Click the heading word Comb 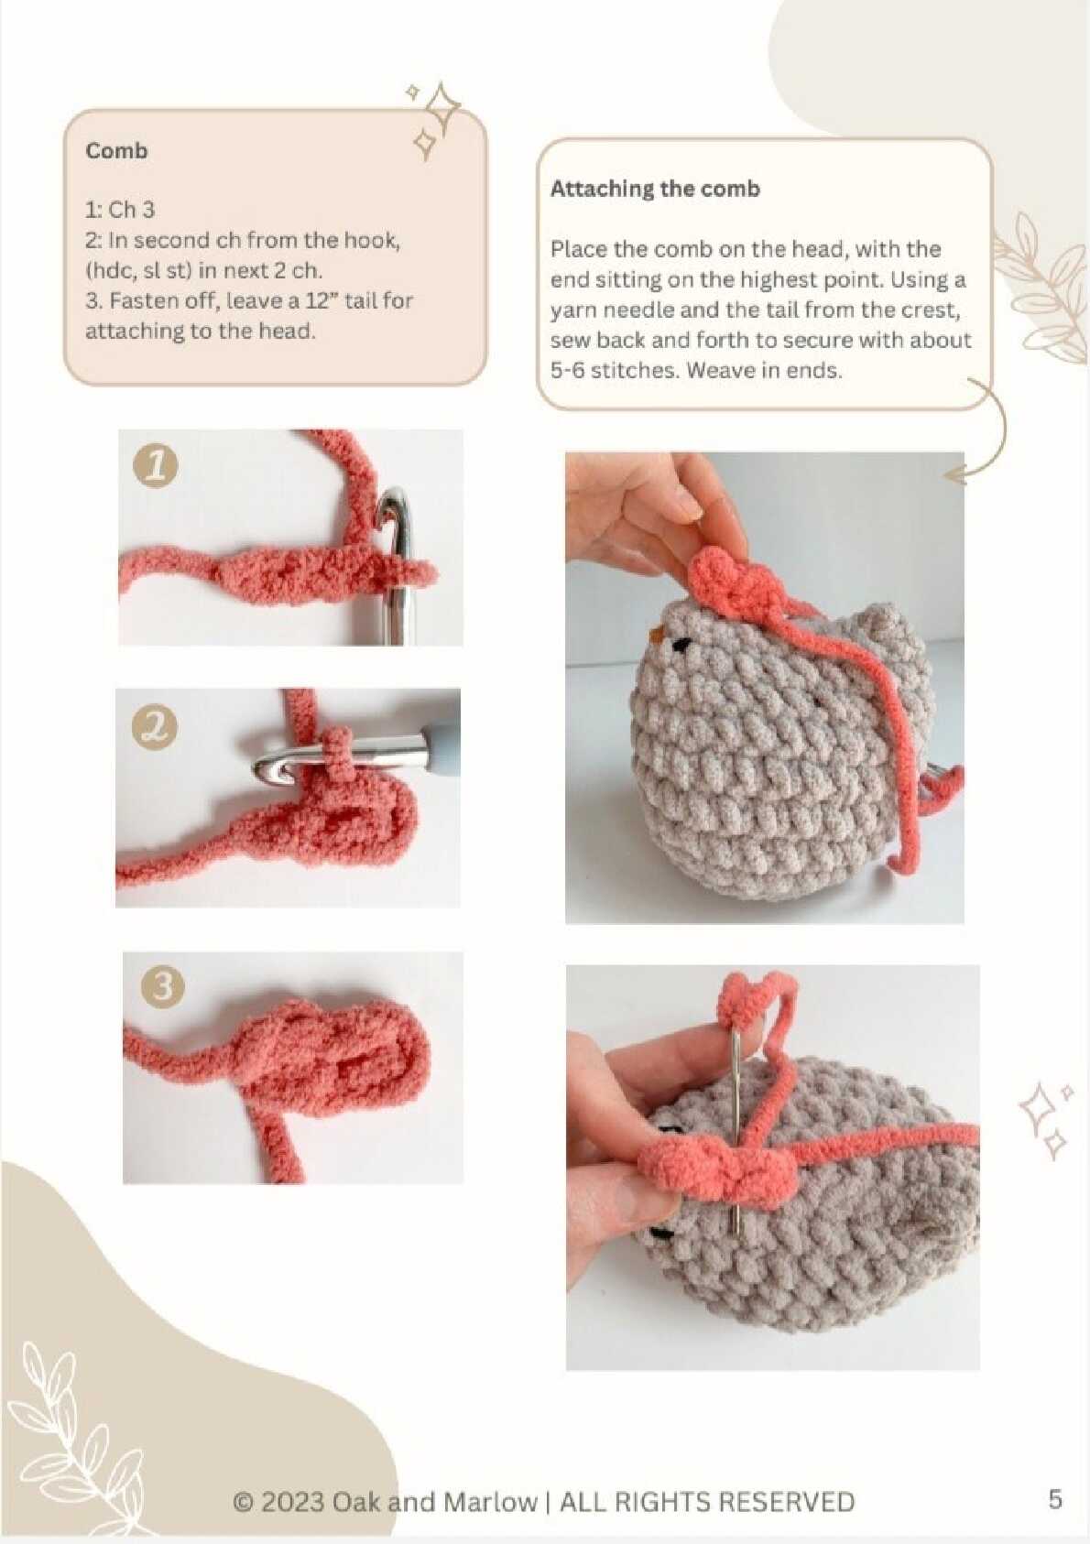coord(116,151)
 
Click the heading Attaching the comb coord(655,189)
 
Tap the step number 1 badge coord(155,464)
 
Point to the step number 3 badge coord(163,987)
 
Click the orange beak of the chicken coord(659,632)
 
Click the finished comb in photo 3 coord(331,1063)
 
